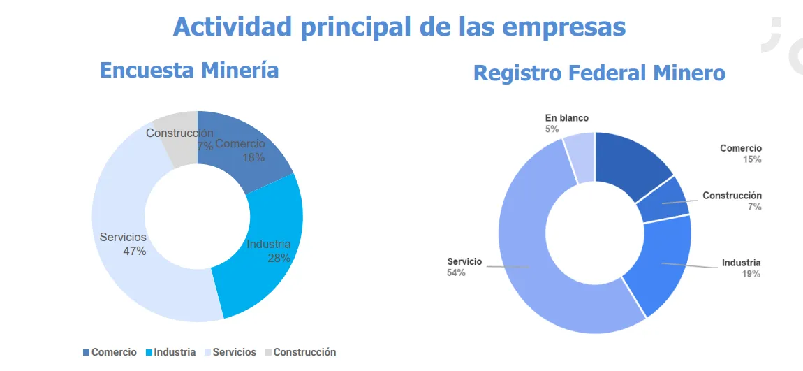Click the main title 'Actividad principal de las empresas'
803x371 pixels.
399,27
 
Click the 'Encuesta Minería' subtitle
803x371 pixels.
189,70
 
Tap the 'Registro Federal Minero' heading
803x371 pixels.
599,73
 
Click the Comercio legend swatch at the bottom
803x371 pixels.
87,353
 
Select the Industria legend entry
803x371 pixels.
170,353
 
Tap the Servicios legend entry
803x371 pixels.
230,353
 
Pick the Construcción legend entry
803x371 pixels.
300,353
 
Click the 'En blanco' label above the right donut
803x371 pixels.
567,118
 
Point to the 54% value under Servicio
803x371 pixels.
456,272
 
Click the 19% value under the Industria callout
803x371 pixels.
751,274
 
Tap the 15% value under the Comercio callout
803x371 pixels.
751,159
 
